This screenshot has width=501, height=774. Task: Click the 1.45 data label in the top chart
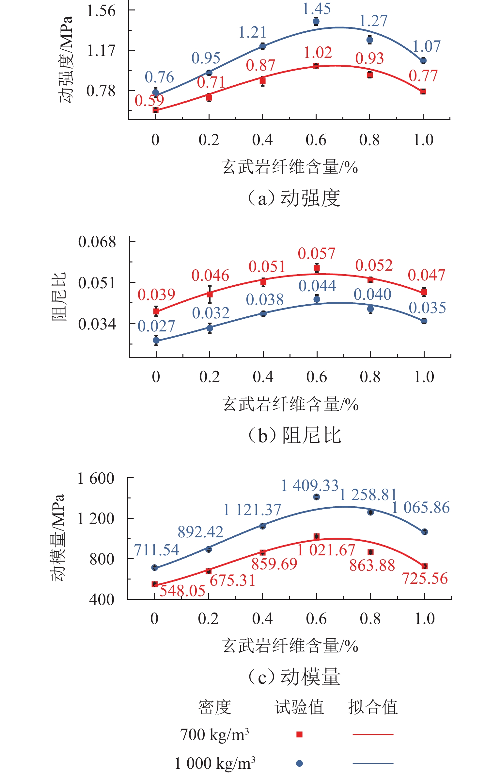[x=316, y=9]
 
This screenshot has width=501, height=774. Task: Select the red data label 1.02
[x=318, y=53]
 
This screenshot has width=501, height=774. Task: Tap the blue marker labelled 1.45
[x=316, y=22]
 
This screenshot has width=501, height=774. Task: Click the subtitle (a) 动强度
[x=294, y=198]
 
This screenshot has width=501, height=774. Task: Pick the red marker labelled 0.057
[x=317, y=268]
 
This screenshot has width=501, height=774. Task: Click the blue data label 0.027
[x=156, y=326]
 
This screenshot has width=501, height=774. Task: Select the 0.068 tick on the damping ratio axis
[x=97, y=242]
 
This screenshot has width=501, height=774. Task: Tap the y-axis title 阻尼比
[x=59, y=296]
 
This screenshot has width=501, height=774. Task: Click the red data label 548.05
[x=182, y=591]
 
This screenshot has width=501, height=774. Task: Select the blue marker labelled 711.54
[x=155, y=568]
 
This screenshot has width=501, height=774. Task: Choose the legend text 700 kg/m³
[x=214, y=734]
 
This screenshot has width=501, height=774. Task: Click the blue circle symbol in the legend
[x=299, y=764]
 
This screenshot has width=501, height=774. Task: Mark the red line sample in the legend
[x=373, y=734]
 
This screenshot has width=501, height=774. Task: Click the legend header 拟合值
[x=373, y=707]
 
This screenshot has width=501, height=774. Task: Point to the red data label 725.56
[x=425, y=579]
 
